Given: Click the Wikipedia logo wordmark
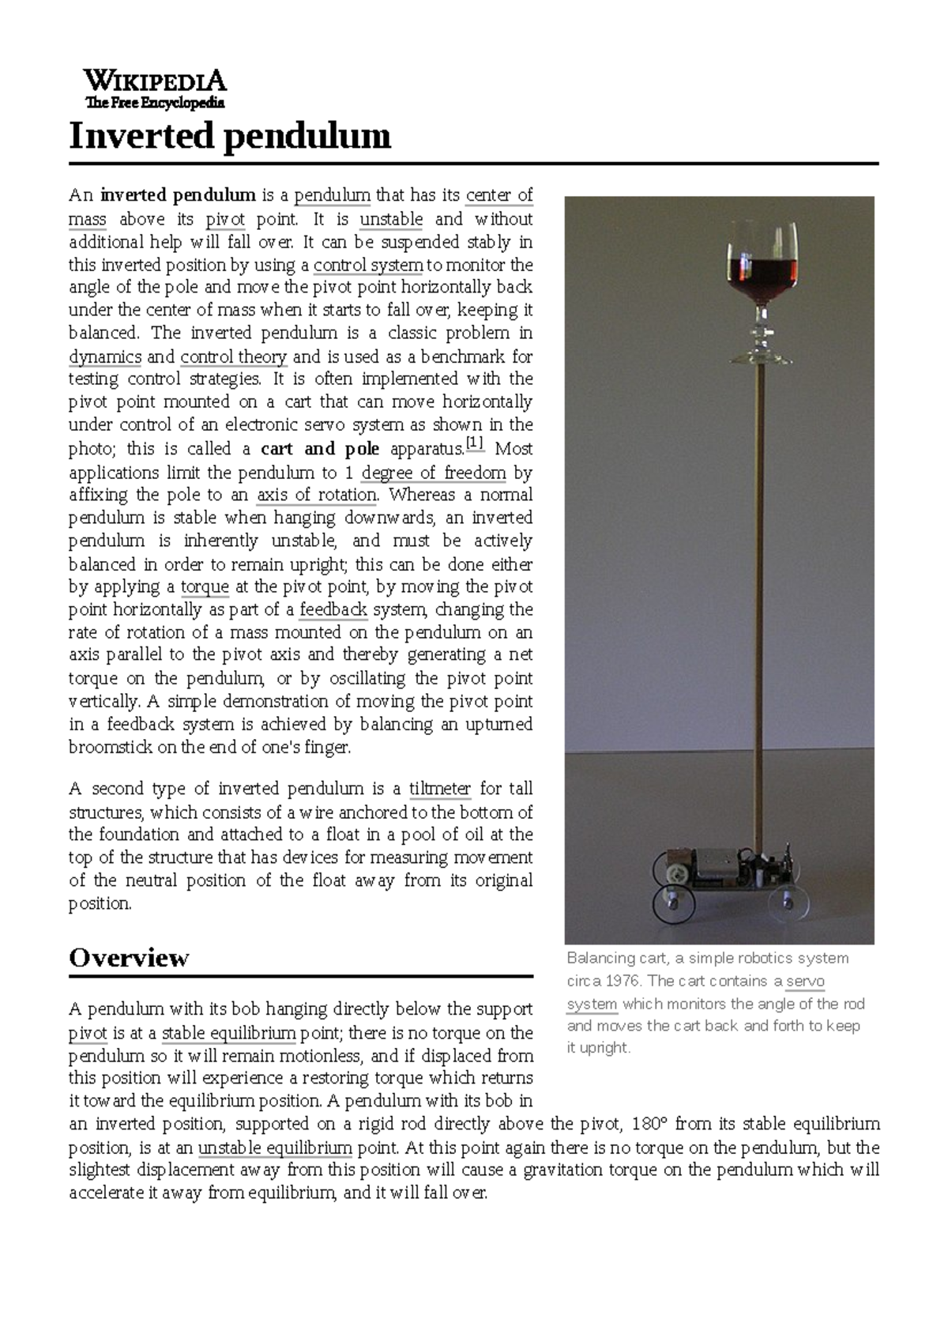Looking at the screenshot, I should click(155, 81).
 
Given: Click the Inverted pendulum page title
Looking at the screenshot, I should click(229, 136).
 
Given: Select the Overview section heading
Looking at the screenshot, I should click(129, 958).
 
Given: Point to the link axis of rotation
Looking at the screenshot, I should click(317, 496).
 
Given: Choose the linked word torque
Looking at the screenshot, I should click(205, 587).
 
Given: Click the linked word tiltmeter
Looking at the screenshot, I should click(439, 789).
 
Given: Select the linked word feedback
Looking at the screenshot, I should click(333, 610).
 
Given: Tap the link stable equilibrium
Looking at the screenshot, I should click(228, 1033).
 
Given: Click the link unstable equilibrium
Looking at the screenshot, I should click(275, 1148).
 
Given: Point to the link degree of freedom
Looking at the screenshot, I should click(433, 473).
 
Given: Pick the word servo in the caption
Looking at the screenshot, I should click(805, 981).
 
